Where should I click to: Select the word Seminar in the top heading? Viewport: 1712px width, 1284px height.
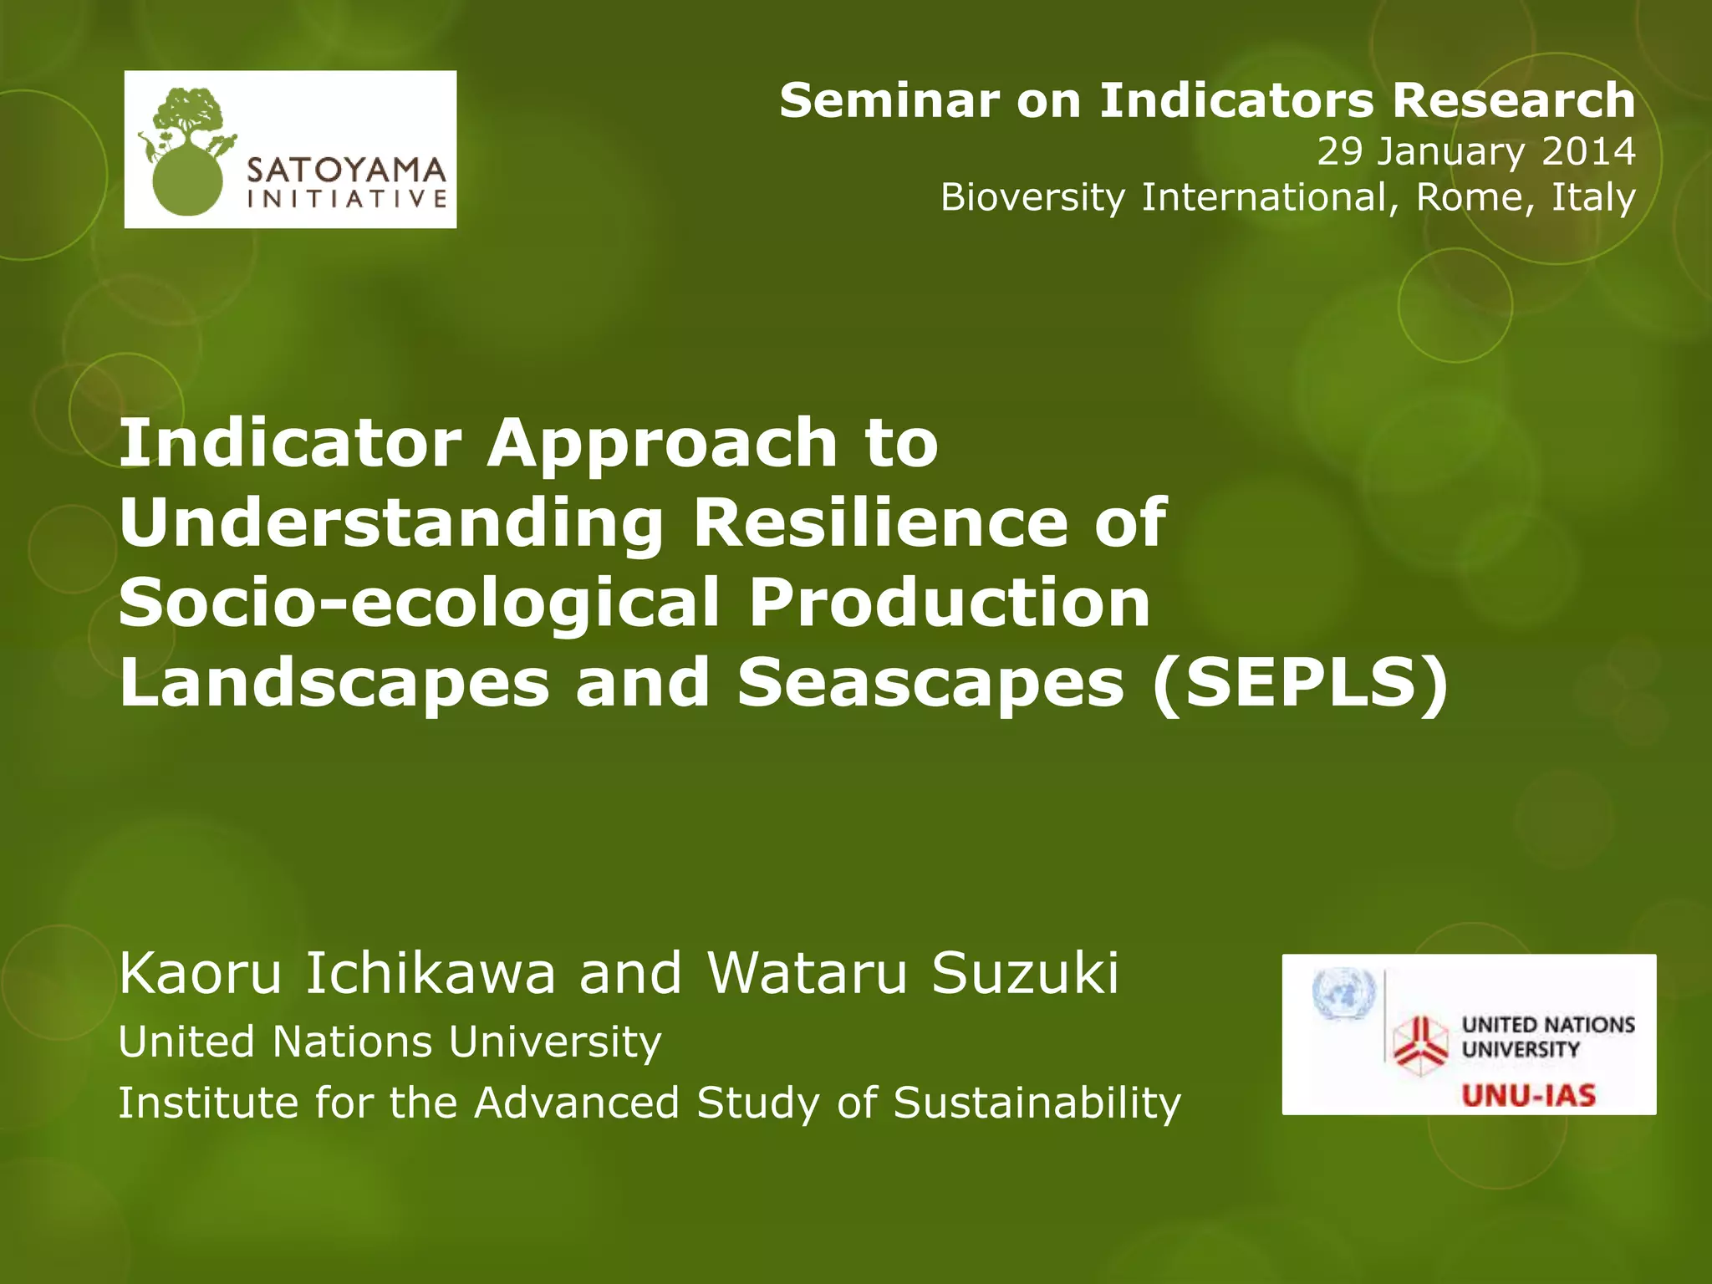click(889, 101)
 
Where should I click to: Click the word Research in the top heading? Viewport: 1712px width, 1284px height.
click(1513, 101)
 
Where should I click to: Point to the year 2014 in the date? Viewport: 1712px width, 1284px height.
click(1588, 151)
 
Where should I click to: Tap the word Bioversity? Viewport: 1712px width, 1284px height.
click(1033, 198)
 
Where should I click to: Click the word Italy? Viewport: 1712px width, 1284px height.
click(1593, 198)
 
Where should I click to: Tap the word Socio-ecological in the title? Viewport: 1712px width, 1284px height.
click(419, 604)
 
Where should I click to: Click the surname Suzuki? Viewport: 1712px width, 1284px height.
click(1025, 974)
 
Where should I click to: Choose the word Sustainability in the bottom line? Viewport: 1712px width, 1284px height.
click(1037, 1103)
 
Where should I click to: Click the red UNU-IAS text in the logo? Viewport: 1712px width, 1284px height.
click(1529, 1095)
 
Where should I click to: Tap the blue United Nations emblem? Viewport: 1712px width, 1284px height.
click(1344, 994)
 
